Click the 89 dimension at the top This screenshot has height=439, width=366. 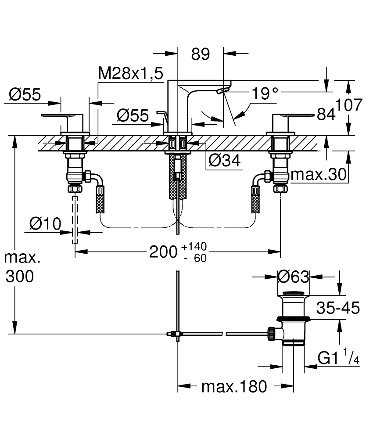tap(201, 54)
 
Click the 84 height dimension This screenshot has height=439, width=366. tap(326, 115)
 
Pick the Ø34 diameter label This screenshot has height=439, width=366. tap(225, 161)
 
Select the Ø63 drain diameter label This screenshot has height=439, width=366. tap(294, 277)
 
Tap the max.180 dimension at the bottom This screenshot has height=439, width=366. tap(234, 386)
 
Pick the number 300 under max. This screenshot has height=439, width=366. tap(19, 277)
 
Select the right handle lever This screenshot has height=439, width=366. tap(297, 115)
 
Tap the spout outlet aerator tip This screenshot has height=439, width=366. tap(222, 91)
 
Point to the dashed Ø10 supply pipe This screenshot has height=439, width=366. tap(75, 219)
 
